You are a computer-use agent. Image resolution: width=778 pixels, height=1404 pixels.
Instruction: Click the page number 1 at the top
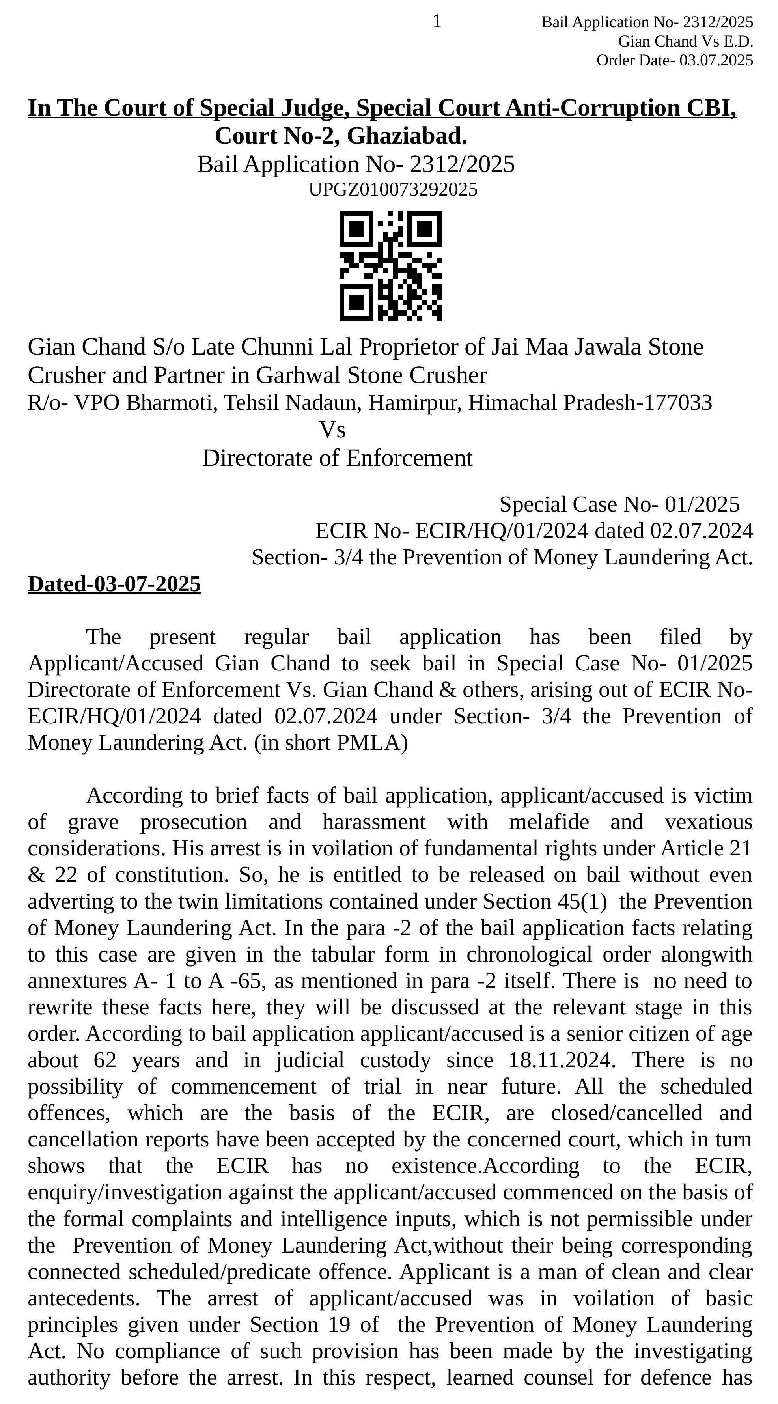(437, 22)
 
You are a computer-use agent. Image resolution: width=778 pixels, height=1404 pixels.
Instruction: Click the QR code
(390, 265)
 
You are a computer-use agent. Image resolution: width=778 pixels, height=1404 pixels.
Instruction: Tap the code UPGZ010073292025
(393, 190)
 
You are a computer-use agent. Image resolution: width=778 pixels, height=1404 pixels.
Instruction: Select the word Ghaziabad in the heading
(407, 136)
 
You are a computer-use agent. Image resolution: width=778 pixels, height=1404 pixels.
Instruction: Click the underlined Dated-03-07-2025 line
(114, 584)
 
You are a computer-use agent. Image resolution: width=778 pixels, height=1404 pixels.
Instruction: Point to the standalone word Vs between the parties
(332, 430)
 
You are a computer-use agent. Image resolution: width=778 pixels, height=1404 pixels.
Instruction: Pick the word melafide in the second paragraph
(549, 822)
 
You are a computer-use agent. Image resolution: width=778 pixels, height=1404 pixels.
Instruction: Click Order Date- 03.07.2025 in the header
(674, 60)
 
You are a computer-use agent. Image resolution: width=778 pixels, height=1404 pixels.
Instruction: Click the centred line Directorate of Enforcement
(337, 458)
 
